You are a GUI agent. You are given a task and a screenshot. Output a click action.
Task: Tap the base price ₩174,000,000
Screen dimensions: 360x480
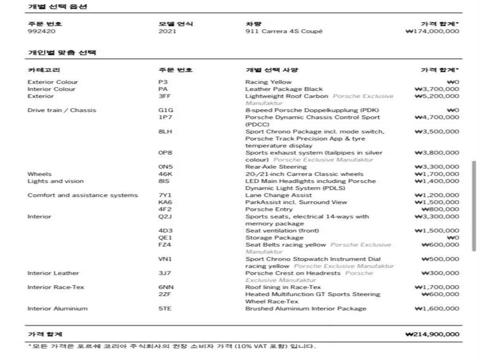click(432, 31)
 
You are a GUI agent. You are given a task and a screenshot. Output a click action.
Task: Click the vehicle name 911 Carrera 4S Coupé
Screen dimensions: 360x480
click(284, 31)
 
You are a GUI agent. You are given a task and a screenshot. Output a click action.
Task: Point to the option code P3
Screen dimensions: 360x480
click(163, 82)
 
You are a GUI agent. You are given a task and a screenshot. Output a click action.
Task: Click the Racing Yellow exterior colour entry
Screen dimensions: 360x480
click(268, 82)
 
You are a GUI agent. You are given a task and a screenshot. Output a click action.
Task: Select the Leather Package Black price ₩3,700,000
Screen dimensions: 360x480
click(437, 89)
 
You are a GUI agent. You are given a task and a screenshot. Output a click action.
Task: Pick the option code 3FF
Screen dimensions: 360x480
click(165, 96)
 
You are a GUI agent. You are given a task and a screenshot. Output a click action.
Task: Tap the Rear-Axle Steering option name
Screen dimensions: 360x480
click(276, 167)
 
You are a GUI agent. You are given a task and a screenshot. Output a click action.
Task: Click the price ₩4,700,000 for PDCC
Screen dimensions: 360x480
click(437, 117)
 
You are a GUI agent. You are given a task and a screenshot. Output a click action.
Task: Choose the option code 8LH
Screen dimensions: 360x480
click(165, 132)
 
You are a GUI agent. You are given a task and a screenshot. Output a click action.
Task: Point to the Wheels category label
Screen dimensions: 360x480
click(39, 174)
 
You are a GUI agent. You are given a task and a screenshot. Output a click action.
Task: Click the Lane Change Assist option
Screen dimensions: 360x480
click(278, 195)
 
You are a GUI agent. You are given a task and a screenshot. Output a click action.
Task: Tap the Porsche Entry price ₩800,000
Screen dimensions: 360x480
click(440, 210)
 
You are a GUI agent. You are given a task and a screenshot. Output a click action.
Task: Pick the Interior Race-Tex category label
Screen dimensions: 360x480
click(56, 287)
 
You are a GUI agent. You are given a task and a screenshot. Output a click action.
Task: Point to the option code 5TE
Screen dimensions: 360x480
click(165, 308)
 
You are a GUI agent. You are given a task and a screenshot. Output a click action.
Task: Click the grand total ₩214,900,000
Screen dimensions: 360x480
click(432, 334)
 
